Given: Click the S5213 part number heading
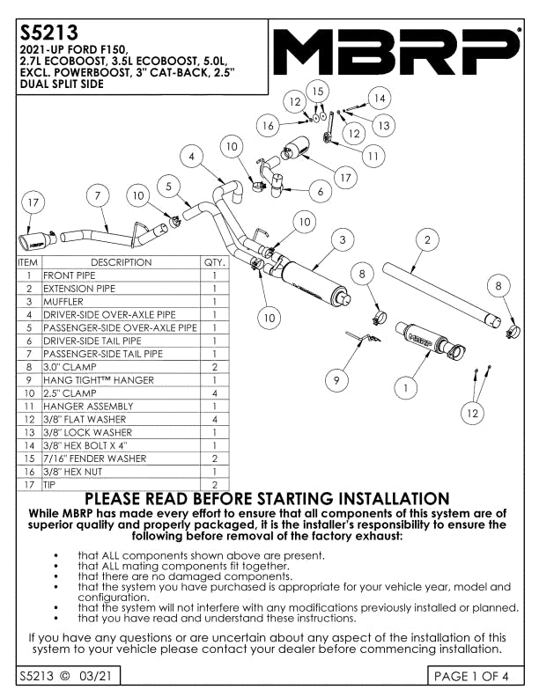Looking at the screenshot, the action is tap(49, 32).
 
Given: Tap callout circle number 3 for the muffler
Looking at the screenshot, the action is tap(342, 240).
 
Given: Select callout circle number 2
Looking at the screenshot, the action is tap(427, 240).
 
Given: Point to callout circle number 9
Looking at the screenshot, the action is tap(336, 380).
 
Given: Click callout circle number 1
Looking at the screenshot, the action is tap(405, 388).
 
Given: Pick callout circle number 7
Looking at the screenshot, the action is tap(98, 195).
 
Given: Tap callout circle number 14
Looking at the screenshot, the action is tap(380, 99).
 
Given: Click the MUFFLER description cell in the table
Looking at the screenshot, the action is tap(122, 301).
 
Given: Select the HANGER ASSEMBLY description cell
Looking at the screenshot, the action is tap(122, 406).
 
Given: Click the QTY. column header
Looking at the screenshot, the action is tap(215, 262).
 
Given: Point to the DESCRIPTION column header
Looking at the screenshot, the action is tap(122, 262).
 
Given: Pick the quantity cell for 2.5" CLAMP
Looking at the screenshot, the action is tap(215, 393).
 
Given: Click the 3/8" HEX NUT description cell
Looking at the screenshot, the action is tap(122, 471).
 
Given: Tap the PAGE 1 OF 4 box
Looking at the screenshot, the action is tap(475, 676).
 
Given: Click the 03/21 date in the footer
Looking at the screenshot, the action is tap(96, 676).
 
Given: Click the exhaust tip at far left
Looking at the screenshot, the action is tap(37, 240).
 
